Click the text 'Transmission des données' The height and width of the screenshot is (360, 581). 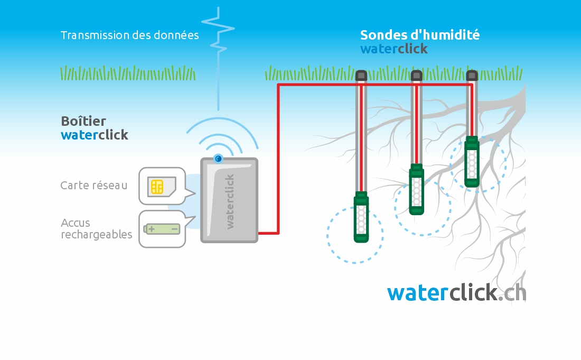[x=130, y=35]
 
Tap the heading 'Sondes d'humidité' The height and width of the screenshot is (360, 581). [x=420, y=35]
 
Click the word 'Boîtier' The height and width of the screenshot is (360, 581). [x=83, y=121]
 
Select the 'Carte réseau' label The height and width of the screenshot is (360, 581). [x=93, y=185]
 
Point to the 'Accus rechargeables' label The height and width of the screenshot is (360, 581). [x=96, y=228]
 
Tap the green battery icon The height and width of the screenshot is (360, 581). [x=162, y=229]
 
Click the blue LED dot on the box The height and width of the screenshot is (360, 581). [x=218, y=159]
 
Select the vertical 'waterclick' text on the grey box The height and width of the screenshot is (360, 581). [x=230, y=201]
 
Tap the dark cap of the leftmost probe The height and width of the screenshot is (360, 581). [x=361, y=76]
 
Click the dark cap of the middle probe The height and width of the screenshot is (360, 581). [x=417, y=76]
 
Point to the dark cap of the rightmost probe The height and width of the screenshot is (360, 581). [x=472, y=76]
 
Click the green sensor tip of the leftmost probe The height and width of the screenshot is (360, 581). [x=361, y=217]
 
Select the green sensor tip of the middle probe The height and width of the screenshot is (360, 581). [x=417, y=189]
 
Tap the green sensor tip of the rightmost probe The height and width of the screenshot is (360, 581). [x=472, y=162]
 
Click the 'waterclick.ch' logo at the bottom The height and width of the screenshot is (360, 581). [x=456, y=292]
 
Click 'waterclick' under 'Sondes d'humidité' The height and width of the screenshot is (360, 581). [x=394, y=49]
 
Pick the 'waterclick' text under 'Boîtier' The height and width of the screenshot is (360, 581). [x=95, y=135]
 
